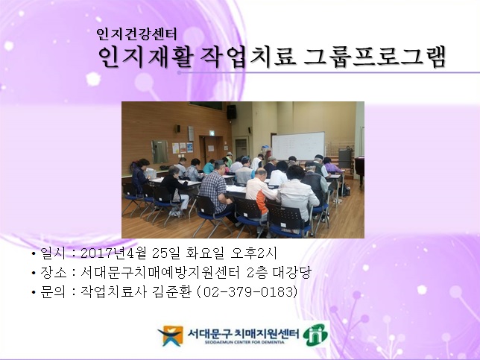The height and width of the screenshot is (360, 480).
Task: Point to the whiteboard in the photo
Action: point(297,145)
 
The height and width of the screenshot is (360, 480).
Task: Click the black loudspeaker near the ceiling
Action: point(231,112)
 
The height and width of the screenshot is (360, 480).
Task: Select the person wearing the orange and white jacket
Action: point(261,195)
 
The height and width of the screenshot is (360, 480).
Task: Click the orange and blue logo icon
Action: point(170,335)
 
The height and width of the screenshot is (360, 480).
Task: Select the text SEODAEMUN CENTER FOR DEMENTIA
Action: point(241,344)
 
